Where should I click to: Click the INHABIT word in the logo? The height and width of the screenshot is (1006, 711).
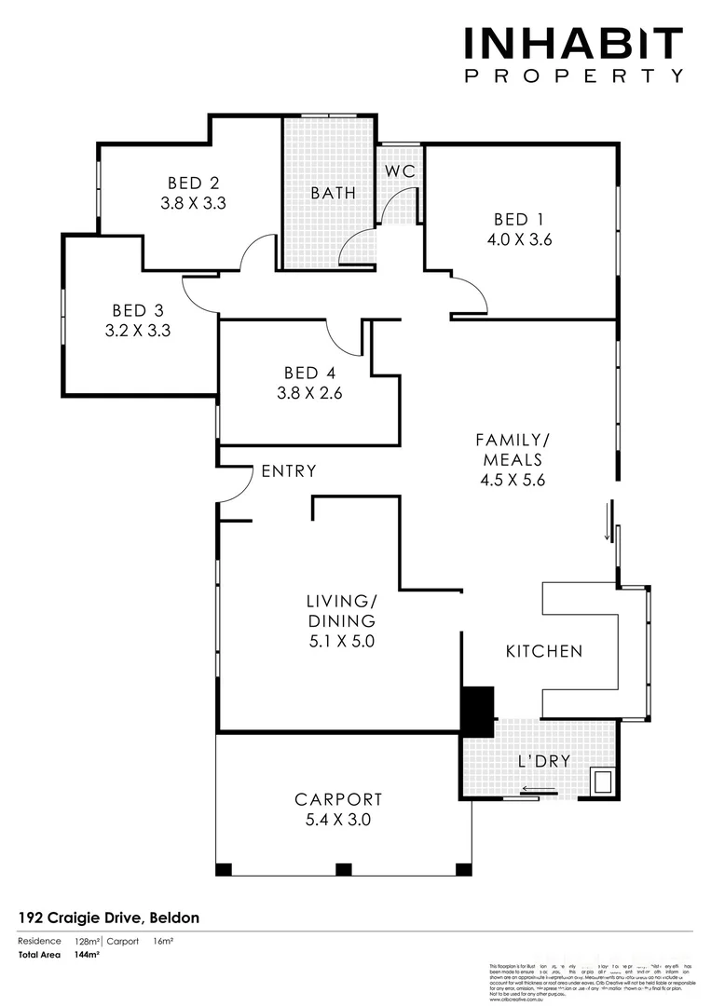574,45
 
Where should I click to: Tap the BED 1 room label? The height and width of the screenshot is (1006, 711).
518,220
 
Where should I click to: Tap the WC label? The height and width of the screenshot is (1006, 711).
400,172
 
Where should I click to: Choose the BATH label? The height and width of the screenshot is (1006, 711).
333,194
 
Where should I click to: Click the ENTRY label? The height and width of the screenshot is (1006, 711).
288,471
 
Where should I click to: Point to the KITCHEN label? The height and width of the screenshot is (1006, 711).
543,651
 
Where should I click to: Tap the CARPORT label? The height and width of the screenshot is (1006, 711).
338,799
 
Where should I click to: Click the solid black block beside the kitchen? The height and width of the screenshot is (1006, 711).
478,710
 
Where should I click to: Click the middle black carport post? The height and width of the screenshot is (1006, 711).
343,870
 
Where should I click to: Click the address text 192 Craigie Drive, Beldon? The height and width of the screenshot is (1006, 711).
108,918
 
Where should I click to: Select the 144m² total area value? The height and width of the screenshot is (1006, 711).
87,955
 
